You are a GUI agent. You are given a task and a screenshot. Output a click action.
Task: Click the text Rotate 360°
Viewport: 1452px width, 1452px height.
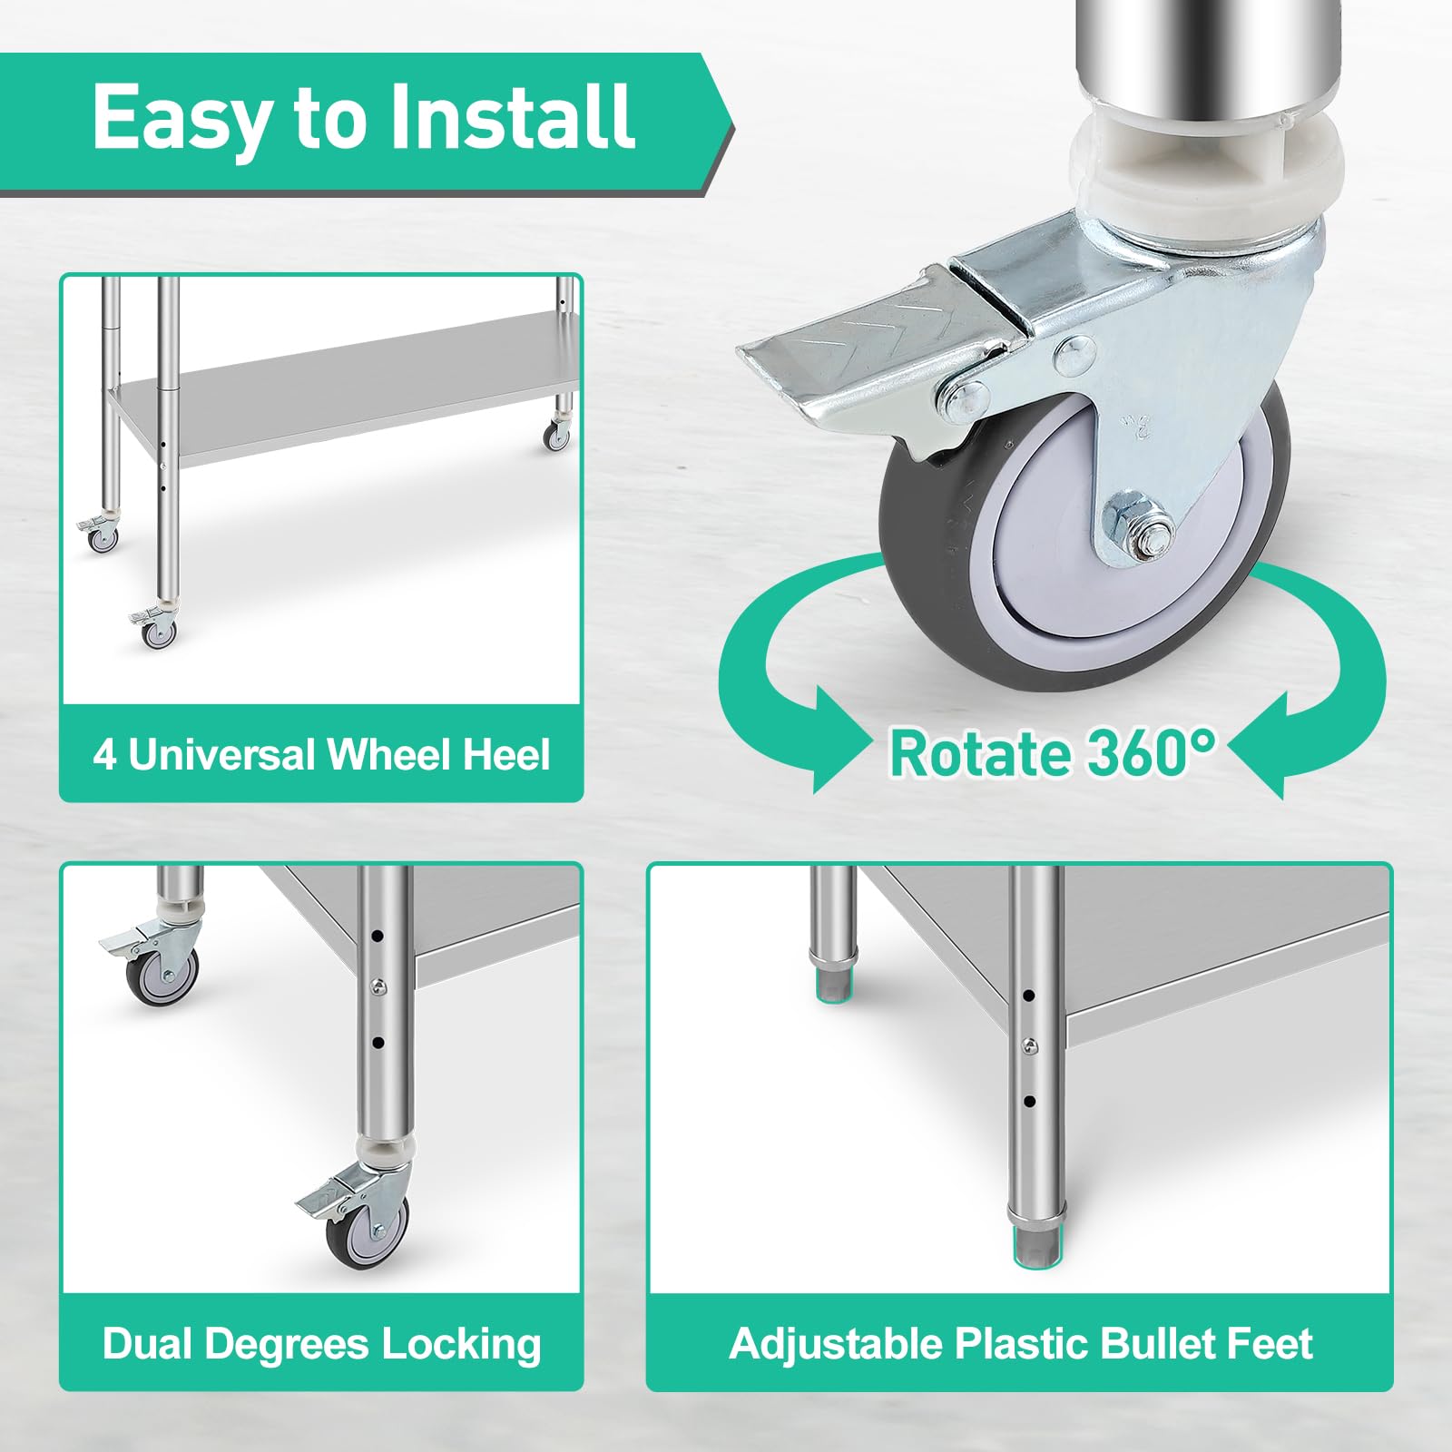pos(1053,752)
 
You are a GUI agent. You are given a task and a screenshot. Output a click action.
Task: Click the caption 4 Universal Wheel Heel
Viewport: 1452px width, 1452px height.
pos(322,755)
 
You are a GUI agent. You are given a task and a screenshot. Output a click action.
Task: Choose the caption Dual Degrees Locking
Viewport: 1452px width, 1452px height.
pos(322,1344)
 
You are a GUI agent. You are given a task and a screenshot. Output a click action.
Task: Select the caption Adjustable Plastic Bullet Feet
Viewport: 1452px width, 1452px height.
pos(1021,1344)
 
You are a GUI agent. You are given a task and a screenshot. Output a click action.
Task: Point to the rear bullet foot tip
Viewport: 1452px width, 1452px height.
pos(833,985)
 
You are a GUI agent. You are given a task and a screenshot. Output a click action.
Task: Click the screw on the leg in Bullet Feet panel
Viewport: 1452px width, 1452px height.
pos(1030,1047)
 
